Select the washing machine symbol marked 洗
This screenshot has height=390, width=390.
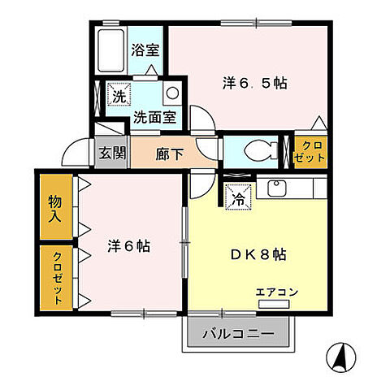(x=118, y=95)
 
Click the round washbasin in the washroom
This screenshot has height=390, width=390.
(x=172, y=92)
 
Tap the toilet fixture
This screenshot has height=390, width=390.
(x=253, y=151)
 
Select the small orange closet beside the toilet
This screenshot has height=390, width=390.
(x=310, y=151)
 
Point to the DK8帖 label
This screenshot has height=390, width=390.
(x=257, y=253)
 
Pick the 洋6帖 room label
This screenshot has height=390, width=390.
(x=129, y=245)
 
